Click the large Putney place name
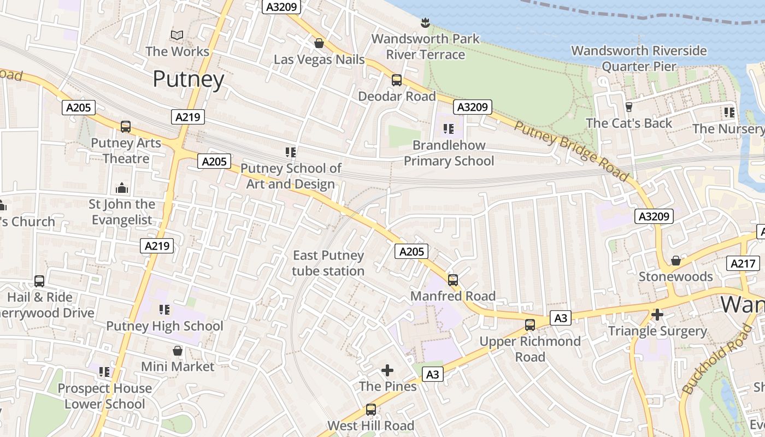click(x=189, y=79)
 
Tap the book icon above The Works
click(x=176, y=36)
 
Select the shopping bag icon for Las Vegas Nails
click(x=319, y=43)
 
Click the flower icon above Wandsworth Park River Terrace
click(x=425, y=23)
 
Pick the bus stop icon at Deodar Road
click(x=397, y=80)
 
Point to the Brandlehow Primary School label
click(x=449, y=153)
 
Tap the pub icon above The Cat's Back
click(x=628, y=107)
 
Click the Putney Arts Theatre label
click(x=126, y=151)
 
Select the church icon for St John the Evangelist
click(x=122, y=188)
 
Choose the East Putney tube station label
click(x=328, y=263)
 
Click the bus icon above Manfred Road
click(x=453, y=280)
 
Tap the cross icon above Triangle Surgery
click(x=657, y=315)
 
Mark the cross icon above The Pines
click(x=387, y=370)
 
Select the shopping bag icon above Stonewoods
click(x=676, y=261)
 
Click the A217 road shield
click(x=744, y=263)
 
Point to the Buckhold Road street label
click(x=717, y=359)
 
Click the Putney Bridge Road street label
click(x=572, y=151)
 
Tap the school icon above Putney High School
click(x=164, y=310)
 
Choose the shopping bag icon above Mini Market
click(x=178, y=350)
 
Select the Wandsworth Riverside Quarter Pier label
click(x=639, y=58)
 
